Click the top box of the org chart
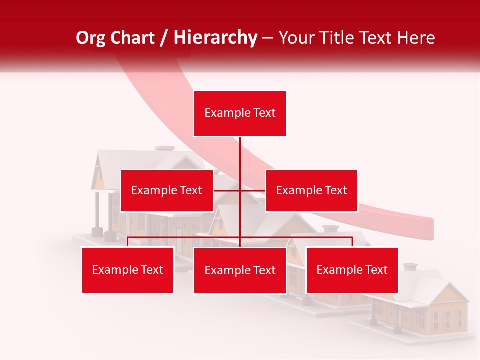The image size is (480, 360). tap(240, 113)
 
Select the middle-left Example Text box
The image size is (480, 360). tap(167, 190)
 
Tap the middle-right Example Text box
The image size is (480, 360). tap(311, 190)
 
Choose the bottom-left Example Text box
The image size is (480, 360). tap(128, 270)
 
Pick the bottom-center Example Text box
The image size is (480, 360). tap(240, 270)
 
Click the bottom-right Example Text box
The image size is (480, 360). tap(352, 270)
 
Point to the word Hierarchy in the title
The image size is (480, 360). tap(215, 38)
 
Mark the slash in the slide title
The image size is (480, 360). tap(163, 38)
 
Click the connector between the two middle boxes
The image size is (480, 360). tap(227, 190)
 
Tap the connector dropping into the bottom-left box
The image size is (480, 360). tap(128, 242)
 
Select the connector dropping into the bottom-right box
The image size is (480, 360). tap(352, 242)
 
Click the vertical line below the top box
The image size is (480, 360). tap(240, 155)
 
